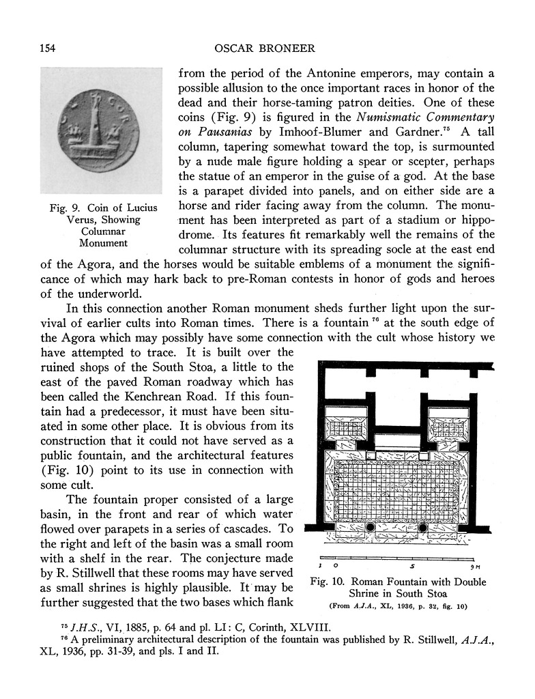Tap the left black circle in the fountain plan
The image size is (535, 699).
tap(370, 528)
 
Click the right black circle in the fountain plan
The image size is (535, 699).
tap(422, 528)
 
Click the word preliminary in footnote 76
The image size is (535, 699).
tap(109, 640)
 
